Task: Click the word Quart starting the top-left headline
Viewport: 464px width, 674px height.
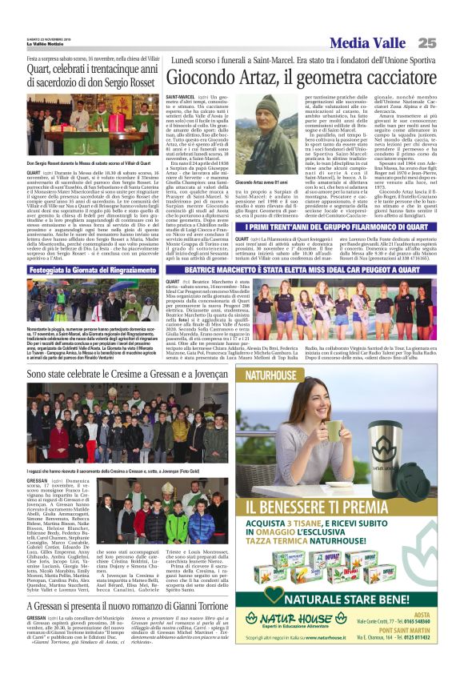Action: point(42,67)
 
